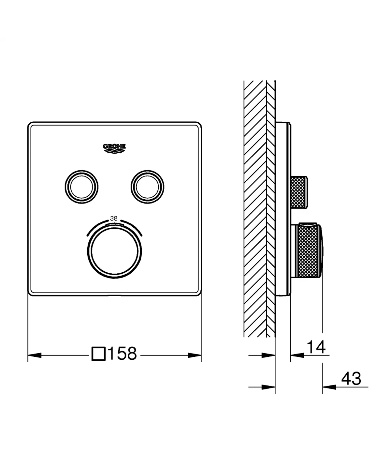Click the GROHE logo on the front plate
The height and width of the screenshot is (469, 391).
(x=114, y=148)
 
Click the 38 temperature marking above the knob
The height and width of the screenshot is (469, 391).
(x=114, y=219)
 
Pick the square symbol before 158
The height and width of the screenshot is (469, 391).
(x=98, y=354)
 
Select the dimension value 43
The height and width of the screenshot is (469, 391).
(x=351, y=379)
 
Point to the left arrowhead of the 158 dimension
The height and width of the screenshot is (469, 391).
(x=35, y=355)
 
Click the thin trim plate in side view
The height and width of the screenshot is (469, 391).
(x=283, y=209)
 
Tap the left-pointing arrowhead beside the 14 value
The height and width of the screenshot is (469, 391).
(x=297, y=355)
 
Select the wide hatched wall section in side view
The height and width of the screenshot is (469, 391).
(x=255, y=209)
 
